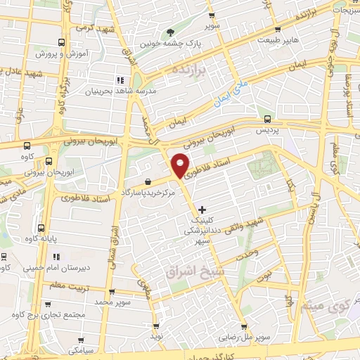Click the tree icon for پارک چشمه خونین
(169, 32)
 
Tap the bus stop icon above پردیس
(267, 117)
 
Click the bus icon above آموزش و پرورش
(63, 42)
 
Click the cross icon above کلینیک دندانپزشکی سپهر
(202, 210)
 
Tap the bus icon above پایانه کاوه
(40, 228)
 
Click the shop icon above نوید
(155, 327)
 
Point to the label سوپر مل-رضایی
(243, 338)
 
